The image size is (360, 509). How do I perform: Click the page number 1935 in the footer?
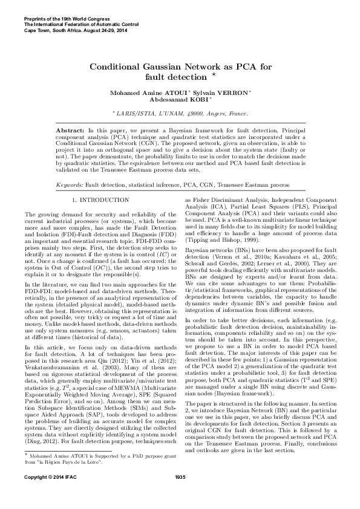[x=180, y=495]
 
